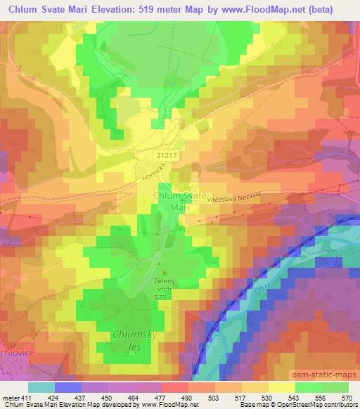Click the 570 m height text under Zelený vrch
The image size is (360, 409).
click(x=165, y=297)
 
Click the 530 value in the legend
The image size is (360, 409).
click(x=266, y=398)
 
